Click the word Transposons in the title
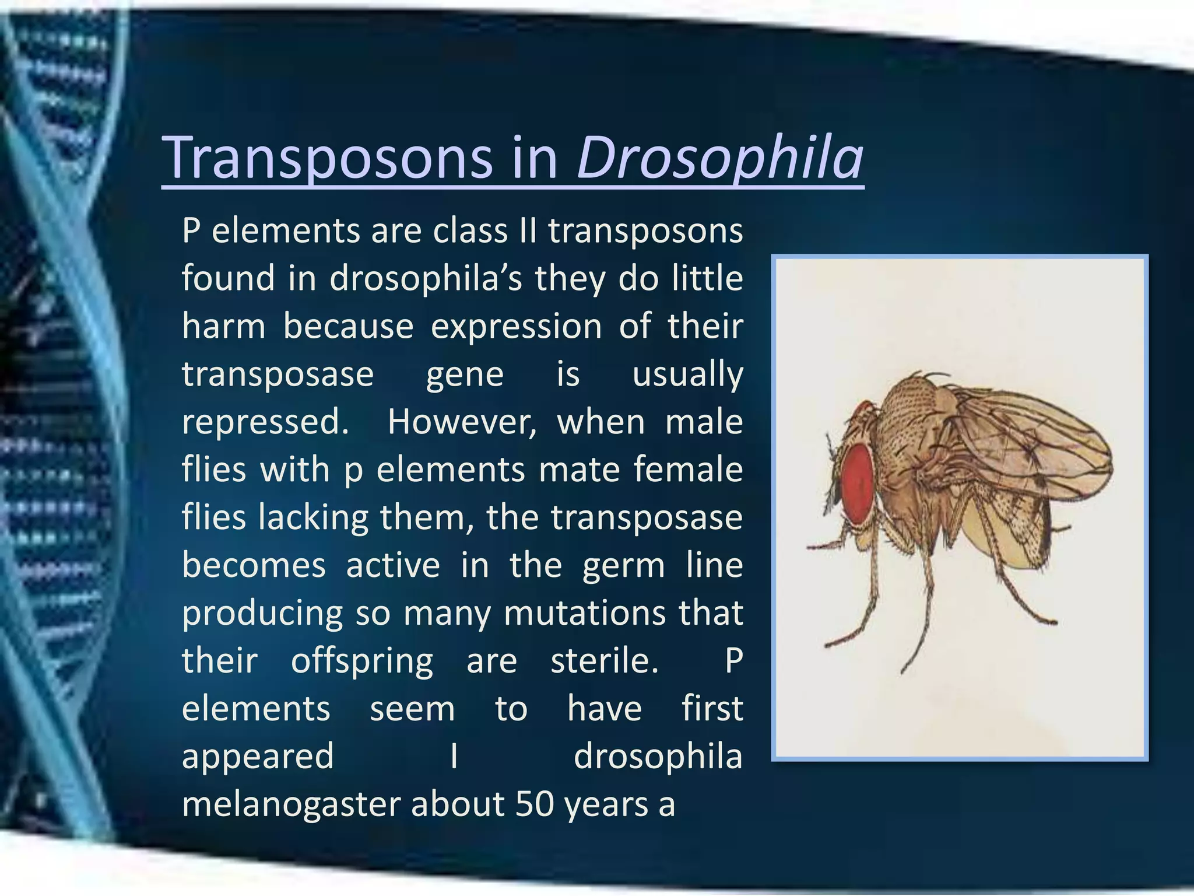[328, 157]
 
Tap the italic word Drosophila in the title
[719, 157]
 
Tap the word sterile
[605, 661]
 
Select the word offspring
[362, 661]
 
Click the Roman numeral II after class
[527, 231]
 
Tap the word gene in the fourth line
[465, 374]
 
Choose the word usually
[687, 374]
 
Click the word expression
[516, 327]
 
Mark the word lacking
[314, 517]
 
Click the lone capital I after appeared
[454, 757]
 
